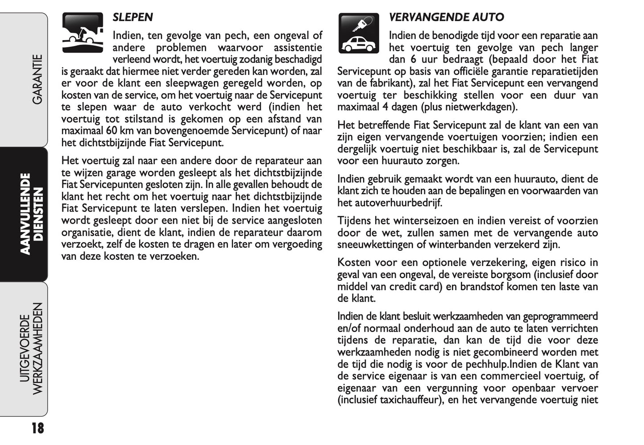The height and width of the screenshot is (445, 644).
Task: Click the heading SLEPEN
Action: click(132, 17)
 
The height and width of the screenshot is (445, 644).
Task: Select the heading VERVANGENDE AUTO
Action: click(446, 17)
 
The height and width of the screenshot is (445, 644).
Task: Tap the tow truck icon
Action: click(83, 33)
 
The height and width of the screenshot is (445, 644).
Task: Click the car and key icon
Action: click(359, 33)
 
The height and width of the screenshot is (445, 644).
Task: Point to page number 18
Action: click(38, 428)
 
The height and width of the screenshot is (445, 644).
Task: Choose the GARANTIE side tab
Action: click(37, 79)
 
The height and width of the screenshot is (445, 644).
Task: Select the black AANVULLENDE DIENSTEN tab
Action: click(33, 214)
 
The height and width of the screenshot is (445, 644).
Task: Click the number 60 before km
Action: click(112, 131)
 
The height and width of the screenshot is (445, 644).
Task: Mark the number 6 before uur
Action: click(414, 59)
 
